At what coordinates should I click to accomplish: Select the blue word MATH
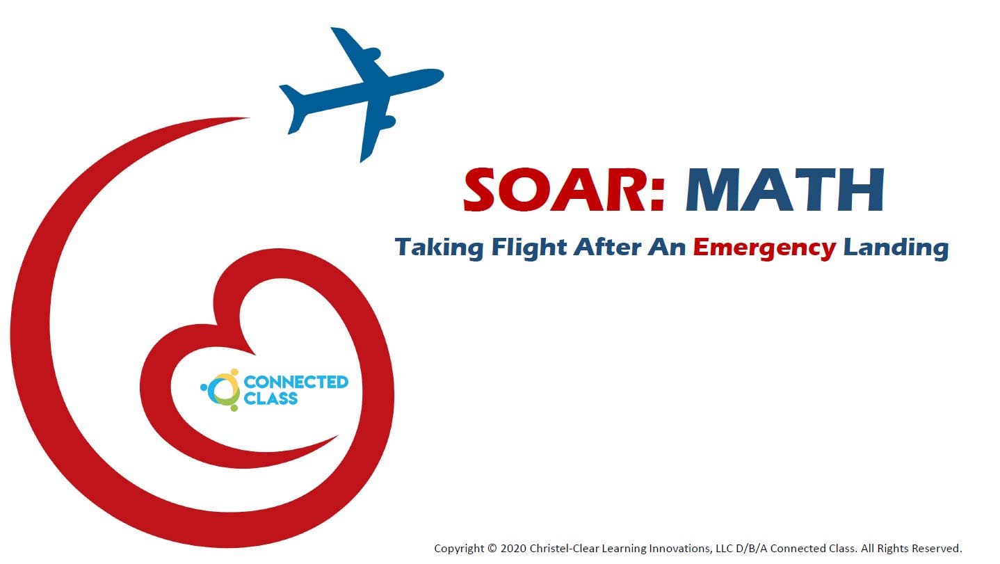(785, 189)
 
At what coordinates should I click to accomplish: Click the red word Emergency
(764, 248)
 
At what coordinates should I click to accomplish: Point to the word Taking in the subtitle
(439, 248)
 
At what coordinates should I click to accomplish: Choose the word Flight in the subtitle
(529, 248)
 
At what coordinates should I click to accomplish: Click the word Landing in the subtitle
(896, 248)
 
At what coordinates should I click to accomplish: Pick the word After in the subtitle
(608, 247)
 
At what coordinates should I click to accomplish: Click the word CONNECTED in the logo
(296, 382)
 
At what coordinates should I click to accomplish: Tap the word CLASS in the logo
(271, 398)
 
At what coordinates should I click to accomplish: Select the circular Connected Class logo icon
(220, 390)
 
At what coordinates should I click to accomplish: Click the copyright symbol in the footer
(492, 549)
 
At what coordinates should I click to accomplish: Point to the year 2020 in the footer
(513, 549)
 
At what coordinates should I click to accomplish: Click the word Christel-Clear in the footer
(564, 549)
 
